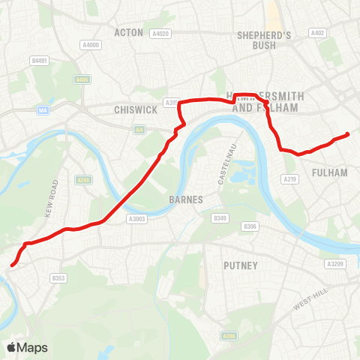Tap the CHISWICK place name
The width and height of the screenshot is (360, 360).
pos(135,109)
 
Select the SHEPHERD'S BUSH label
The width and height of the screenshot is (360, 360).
pos(263,40)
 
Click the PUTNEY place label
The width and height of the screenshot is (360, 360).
pos(241,265)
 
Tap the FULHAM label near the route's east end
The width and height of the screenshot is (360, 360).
pos(331,172)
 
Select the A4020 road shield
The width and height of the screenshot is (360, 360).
pos(160,33)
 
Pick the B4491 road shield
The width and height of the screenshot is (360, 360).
pos(39,60)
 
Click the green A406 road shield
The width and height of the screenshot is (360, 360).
pos(82,79)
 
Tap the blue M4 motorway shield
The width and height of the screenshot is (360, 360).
pos(43,109)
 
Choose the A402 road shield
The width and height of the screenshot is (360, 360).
pos(317,32)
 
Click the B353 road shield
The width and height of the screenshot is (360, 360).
pos(58,277)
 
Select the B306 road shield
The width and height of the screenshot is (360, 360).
pos(250,226)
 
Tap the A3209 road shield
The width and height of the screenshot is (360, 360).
pos(334,264)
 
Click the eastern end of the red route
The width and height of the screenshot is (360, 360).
pos(347,135)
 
